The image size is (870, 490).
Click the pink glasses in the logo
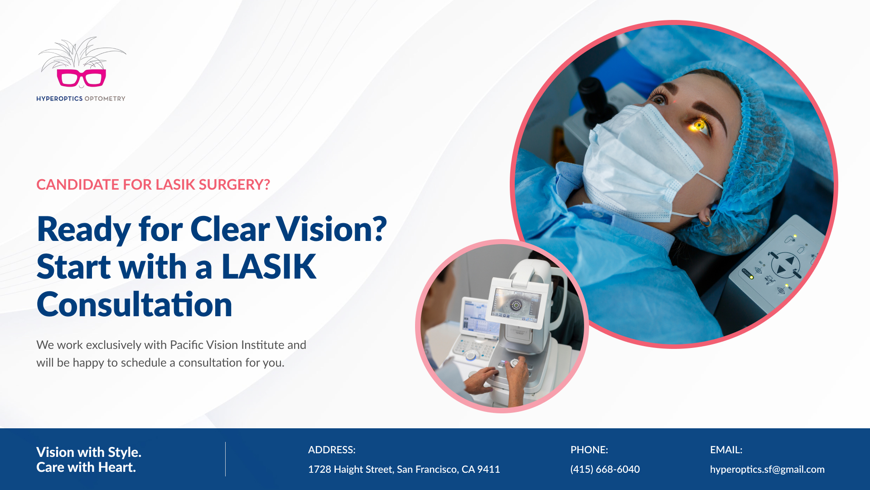(x=82, y=78)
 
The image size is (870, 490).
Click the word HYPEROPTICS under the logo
(x=59, y=98)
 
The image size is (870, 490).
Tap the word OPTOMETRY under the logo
(x=105, y=98)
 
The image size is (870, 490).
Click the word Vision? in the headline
(x=332, y=229)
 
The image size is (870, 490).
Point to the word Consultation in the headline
(x=135, y=304)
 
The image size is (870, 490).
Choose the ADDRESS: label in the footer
(x=332, y=450)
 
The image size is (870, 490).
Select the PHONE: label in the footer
(x=589, y=450)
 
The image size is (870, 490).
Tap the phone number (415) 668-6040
(x=605, y=469)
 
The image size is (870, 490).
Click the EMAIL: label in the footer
(x=726, y=450)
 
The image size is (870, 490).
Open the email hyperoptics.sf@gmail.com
(x=767, y=470)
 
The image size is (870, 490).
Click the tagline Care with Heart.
(x=86, y=467)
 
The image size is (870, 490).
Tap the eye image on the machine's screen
(x=516, y=305)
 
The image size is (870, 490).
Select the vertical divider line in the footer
(x=225, y=459)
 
